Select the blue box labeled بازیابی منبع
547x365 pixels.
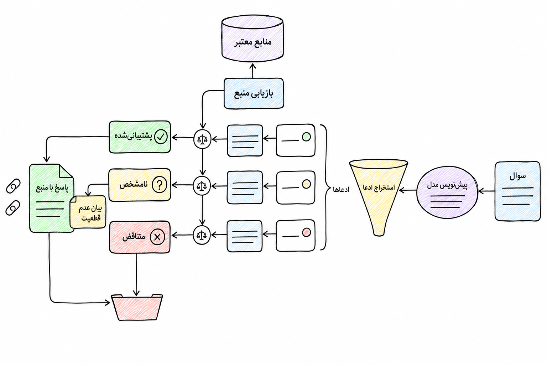[x=254, y=93]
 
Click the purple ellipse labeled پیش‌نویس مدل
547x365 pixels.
[x=447, y=192]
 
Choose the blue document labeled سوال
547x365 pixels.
[x=517, y=191]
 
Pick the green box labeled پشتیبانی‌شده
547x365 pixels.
[x=140, y=137]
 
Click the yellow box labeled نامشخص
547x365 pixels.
[x=140, y=185]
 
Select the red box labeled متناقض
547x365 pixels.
[x=140, y=237]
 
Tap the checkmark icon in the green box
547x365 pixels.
[x=161, y=137]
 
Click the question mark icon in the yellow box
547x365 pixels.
[x=160, y=185]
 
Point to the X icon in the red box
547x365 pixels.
[x=157, y=237]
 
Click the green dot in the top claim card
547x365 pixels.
[x=306, y=137]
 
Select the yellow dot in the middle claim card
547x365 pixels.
[x=306, y=184]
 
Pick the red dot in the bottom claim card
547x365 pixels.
[x=307, y=232]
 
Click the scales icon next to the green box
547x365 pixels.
[x=202, y=139]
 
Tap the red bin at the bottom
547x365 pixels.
[x=137, y=307]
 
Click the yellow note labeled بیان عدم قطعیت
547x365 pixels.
[x=88, y=212]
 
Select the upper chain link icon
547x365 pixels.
[x=13, y=186]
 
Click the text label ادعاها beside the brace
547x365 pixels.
[x=341, y=189]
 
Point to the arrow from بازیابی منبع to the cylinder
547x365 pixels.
[x=253, y=71]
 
